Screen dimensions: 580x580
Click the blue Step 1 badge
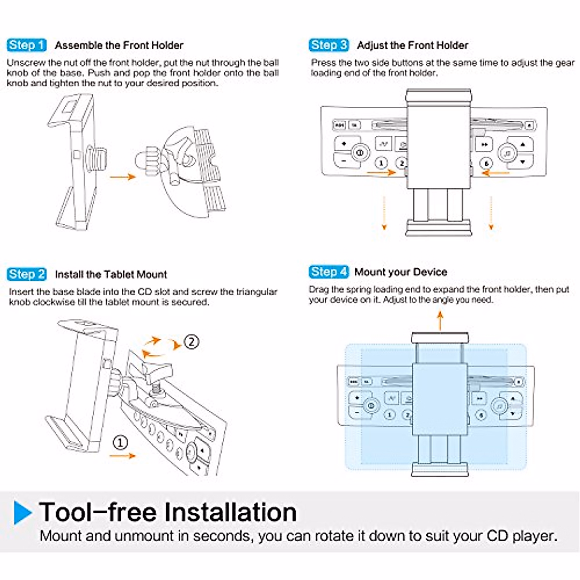(27, 45)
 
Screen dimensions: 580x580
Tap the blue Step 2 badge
(27, 275)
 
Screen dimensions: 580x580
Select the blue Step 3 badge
(329, 45)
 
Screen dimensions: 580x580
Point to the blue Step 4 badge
(329, 272)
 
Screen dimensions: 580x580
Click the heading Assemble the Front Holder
(119, 45)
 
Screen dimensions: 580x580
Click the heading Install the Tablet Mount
(111, 275)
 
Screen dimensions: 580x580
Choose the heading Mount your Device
(401, 272)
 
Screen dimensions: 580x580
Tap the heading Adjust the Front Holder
(412, 45)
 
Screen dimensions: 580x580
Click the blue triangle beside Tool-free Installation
(22, 512)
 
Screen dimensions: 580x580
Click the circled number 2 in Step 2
(191, 342)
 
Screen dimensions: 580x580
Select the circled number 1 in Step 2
(120, 442)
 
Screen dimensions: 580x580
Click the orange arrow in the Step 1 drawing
(122, 177)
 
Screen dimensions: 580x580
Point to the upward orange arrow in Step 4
(440, 320)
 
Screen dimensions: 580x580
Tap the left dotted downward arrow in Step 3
(384, 213)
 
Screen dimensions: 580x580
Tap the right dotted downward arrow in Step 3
(491, 213)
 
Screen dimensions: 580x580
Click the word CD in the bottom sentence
(497, 536)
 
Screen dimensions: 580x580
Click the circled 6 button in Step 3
(487, 163)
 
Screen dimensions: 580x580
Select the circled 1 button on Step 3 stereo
(381, 163)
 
